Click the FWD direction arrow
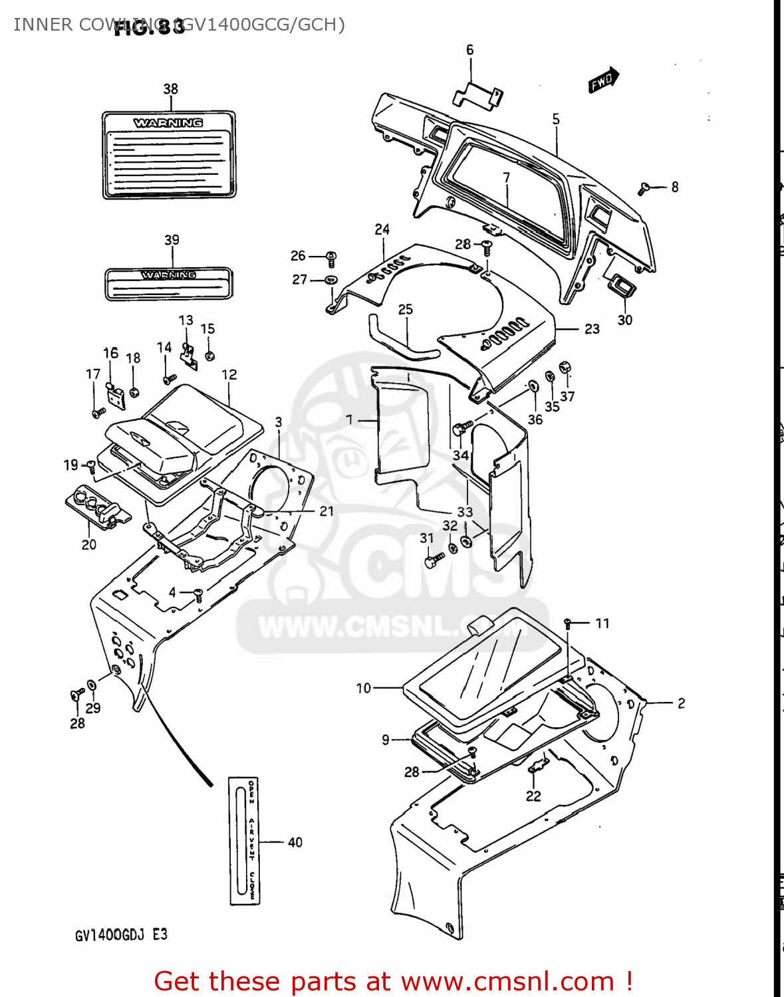603,80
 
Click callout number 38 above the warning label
171,89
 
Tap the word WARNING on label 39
169,275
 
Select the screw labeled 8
643,189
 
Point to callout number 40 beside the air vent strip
295,843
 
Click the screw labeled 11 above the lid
568,623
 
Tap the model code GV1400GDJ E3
121,935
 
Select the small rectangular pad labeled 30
620,286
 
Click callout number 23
592,329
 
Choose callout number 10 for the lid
363,689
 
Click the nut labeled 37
565,368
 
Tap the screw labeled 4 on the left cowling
198,594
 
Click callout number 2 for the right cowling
681,703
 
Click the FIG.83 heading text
150,27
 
